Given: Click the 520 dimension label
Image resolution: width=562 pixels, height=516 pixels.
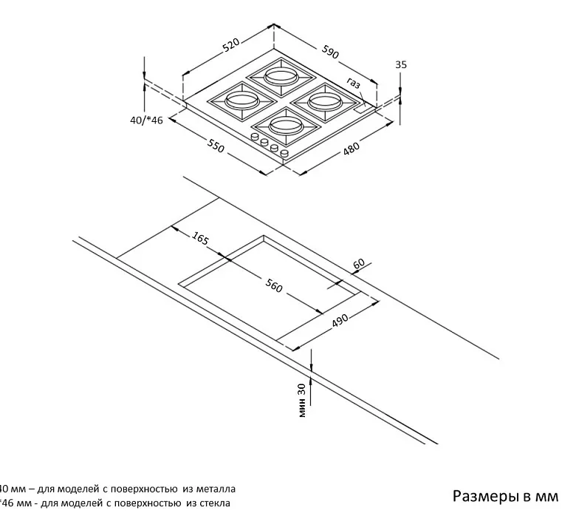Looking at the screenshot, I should coord(231,46).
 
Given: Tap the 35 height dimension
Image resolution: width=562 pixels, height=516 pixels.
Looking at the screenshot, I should coord(401,65).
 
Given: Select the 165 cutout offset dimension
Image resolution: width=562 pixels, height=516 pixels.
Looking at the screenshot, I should coord(200,237).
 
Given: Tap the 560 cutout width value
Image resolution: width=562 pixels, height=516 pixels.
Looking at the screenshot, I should coord(273,285).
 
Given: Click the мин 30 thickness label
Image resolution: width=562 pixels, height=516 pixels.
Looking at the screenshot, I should coord(302,400).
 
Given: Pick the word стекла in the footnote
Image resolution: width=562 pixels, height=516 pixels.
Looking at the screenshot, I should coord(213,503).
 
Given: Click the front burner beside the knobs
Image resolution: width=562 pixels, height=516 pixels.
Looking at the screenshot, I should coord(284,124).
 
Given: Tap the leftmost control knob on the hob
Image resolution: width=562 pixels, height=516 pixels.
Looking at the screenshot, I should coord(256,138).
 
